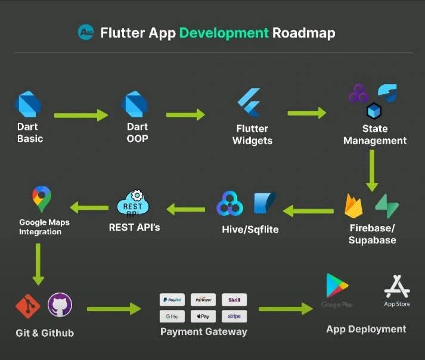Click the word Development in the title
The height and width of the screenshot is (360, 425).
(224, 32)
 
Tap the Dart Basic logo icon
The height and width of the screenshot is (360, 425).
(28, 105)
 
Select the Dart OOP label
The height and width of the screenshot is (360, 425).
(137, 132)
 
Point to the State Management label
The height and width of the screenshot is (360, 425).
(374, 135)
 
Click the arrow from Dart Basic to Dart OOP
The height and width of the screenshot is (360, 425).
(80, 115)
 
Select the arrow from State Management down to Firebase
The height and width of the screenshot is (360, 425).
(372, 170)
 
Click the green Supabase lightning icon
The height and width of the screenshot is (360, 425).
(387, 206)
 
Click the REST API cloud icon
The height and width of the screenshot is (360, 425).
(133, 204)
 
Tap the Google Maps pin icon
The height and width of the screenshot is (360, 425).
(42, 199)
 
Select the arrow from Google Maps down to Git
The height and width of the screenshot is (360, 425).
(38, 263)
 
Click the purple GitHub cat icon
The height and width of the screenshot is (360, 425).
(60, 305)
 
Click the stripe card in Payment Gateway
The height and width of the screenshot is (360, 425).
(234, 316)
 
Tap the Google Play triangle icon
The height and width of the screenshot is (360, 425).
(336, 285)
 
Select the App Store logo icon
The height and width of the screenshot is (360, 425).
(397, 286)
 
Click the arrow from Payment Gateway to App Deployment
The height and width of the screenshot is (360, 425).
(286, 308)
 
